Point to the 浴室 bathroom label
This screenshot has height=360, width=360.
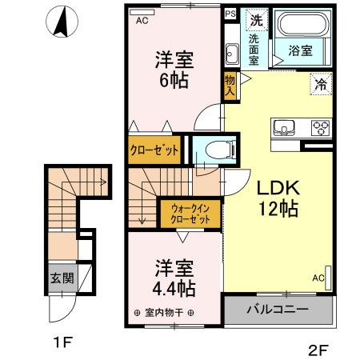tap(300, 50)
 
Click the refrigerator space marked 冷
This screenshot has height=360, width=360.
tap(322, 82)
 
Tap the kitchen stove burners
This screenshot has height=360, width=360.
tap(321, 126)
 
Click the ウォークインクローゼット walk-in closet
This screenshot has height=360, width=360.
tap(190, 214)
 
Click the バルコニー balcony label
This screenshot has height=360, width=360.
tap(277, 309)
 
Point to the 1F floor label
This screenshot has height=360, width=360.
tap(63, 343)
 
